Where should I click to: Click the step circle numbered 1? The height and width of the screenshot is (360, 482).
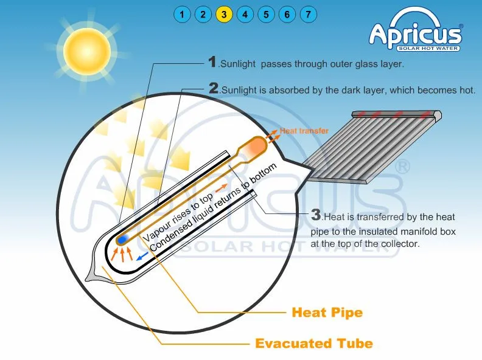click(181, 14)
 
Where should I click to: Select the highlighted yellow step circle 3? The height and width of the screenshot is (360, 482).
click(224, 14)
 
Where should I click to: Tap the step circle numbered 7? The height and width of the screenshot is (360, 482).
click(309, 14)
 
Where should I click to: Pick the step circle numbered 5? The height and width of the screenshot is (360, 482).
click(267, 14)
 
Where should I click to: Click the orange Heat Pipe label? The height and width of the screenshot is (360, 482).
click(327, 313)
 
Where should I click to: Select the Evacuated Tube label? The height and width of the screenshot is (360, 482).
click(313, 344)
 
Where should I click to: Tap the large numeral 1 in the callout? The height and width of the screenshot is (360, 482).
click(212, 61)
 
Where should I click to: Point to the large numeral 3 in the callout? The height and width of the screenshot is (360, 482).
click(316, 215)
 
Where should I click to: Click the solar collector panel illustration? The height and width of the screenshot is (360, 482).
click(383, 146)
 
